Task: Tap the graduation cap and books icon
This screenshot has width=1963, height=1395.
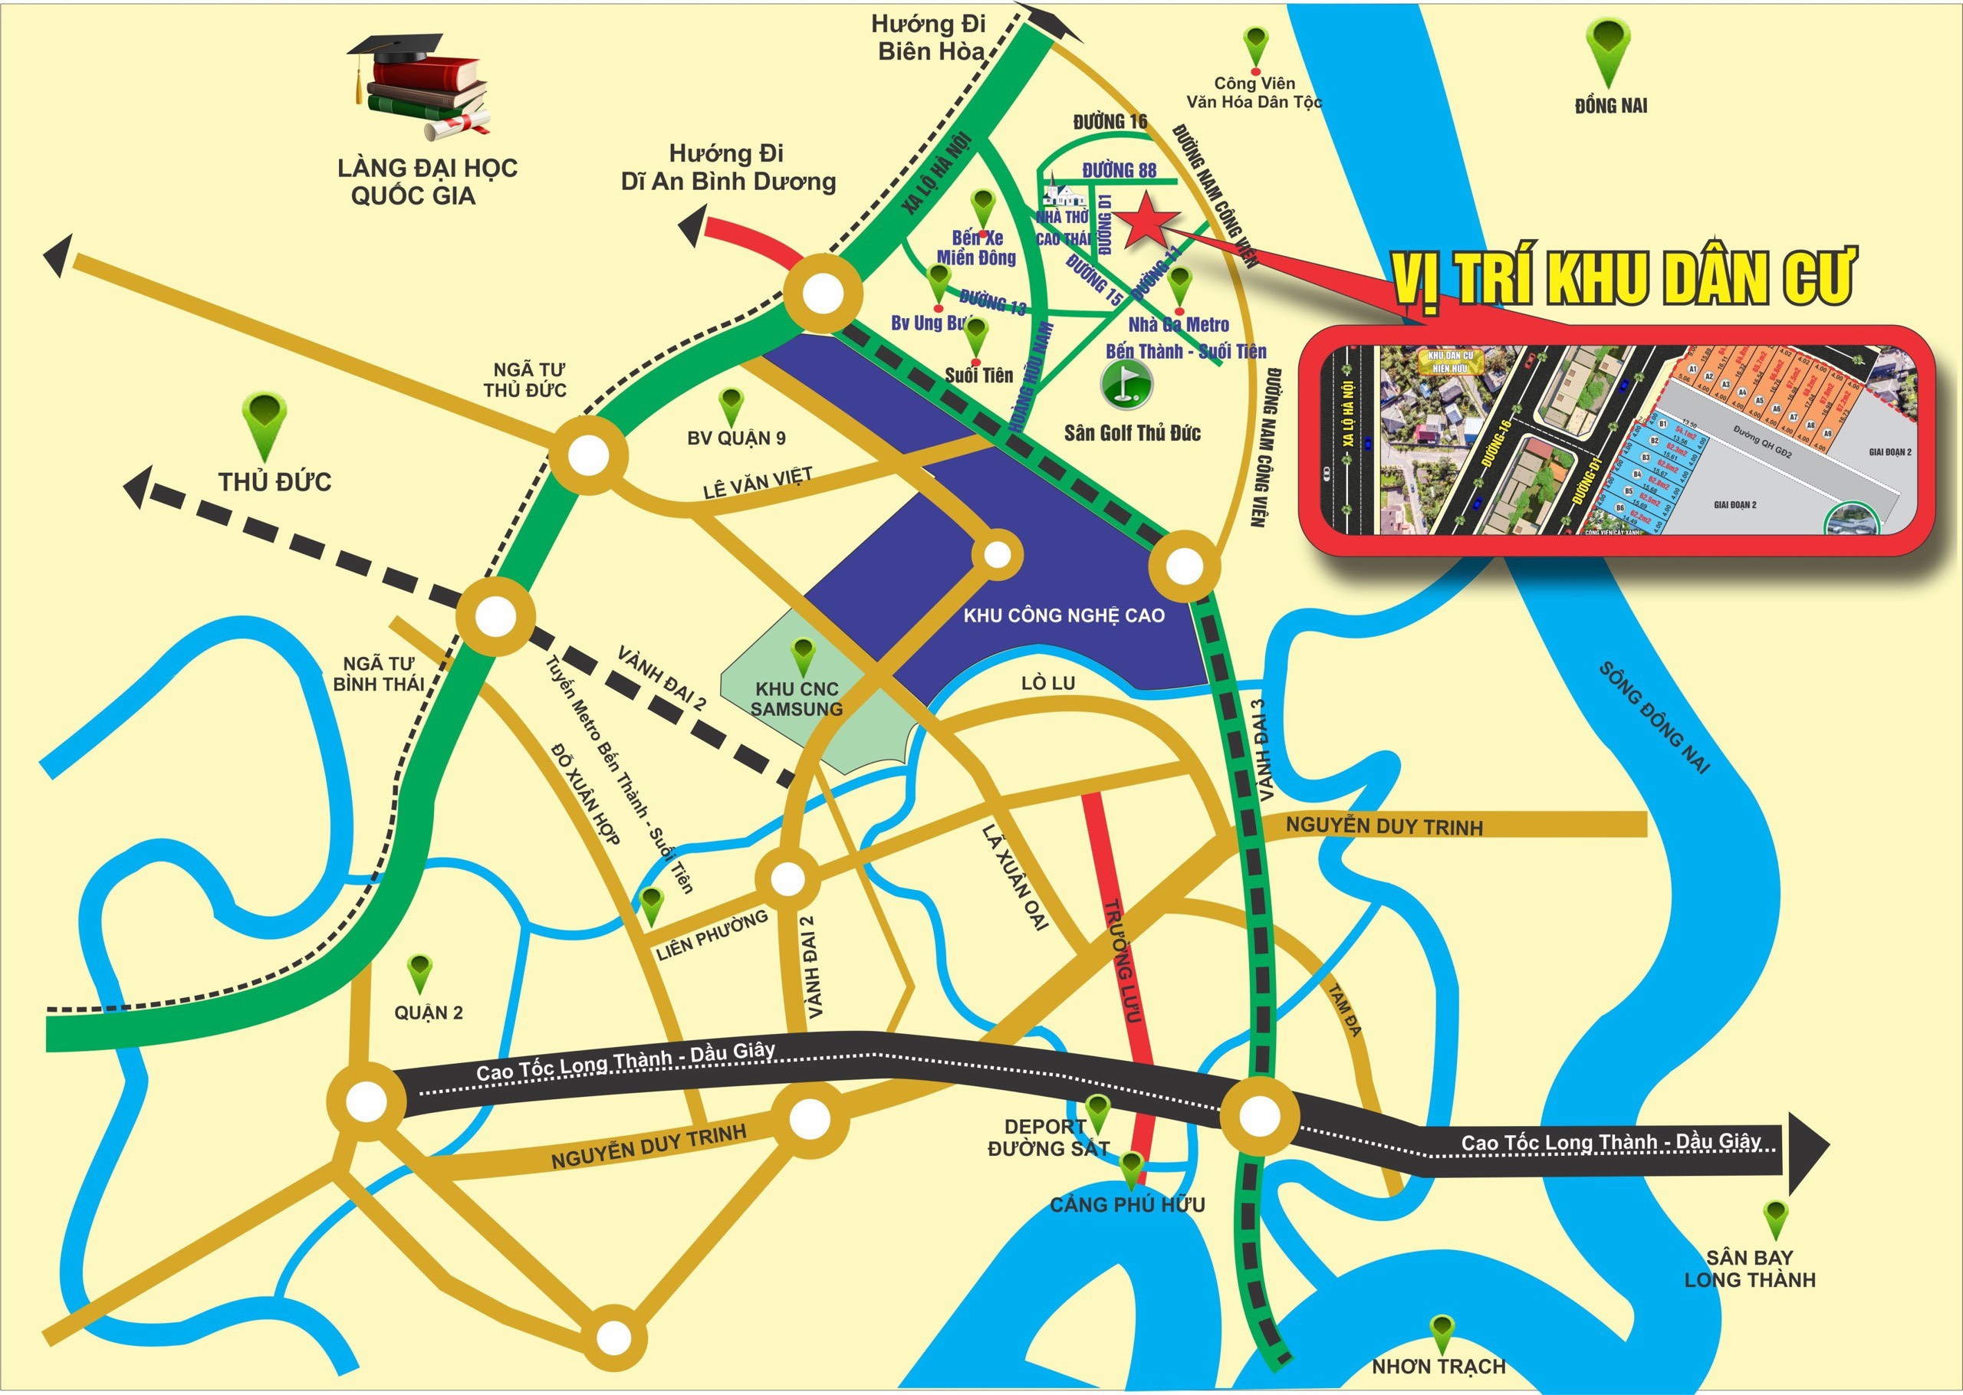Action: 421,86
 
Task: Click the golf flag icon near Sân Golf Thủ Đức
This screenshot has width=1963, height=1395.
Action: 1126,384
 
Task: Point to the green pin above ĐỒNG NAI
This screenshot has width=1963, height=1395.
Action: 1608,51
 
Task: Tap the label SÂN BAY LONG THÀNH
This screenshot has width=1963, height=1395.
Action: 1750,1269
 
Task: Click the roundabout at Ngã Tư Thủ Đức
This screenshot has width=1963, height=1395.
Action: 590,455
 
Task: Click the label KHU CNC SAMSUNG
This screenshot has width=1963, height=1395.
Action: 797,699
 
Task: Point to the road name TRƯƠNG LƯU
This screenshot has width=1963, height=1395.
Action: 1122,960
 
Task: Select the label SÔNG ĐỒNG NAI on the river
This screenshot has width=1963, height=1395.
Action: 1654,717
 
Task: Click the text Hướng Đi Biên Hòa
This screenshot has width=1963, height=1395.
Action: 929,38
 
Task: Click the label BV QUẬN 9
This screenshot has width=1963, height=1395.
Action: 736,438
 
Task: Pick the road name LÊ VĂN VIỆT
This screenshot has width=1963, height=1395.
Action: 757,484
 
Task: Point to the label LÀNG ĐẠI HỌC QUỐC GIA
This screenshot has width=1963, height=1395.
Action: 427,181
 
